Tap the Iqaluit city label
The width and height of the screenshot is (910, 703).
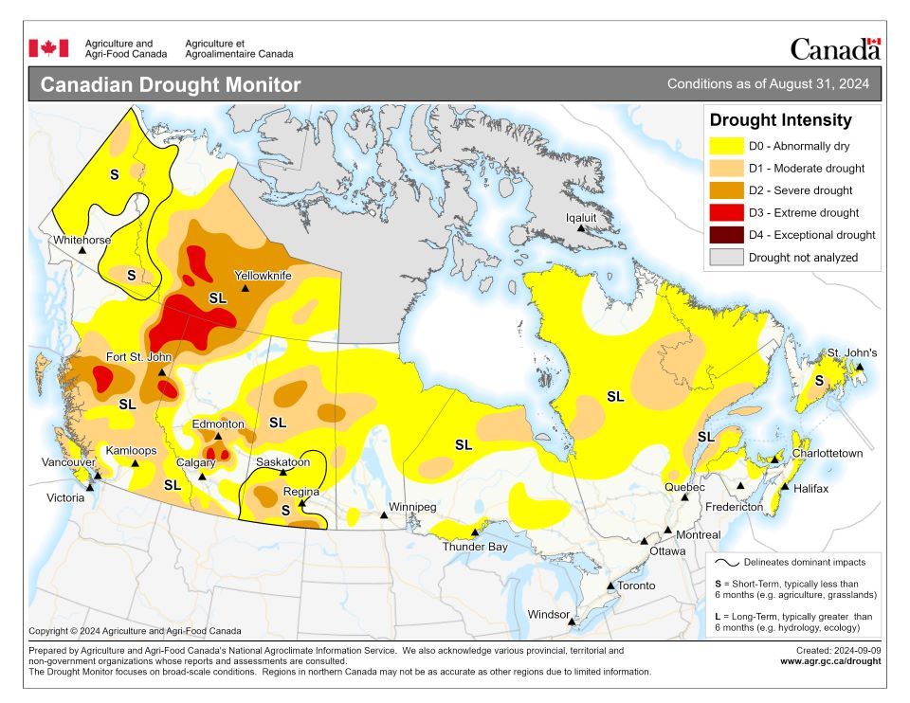[x=581, y=216]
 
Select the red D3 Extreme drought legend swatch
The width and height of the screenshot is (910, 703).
[x=726, y=213]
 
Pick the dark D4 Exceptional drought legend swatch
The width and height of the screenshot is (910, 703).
[x=726, y=235]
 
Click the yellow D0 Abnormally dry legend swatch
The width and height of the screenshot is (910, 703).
[x=726, y=147]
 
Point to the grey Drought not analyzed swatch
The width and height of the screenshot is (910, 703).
[x=726, y=258]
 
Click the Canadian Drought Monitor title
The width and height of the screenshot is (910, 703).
[x=171, y=85]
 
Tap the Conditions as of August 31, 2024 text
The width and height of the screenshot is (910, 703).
[x=768, y=84]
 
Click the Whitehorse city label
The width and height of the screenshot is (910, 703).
[x=82, y=240]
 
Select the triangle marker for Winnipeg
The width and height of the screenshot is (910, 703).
[x=384, y=515]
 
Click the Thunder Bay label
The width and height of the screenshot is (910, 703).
[x=475, y=547]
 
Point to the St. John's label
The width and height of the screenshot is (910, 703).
[x=851, y=352]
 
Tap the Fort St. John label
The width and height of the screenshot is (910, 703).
[x=137, y=357]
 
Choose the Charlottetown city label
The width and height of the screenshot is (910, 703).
[x=828, y=454]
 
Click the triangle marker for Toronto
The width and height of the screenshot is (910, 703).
[x=610, y=586]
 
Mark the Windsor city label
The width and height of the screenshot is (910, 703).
[x=549, y=615]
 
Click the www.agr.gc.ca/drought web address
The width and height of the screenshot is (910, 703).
[x=830, y=661]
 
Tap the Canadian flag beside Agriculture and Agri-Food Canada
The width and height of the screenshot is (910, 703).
[x=48, y=47]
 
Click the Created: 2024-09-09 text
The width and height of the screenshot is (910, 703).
[x=838, y=650]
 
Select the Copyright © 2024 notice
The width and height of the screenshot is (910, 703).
[x=135, y=631]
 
